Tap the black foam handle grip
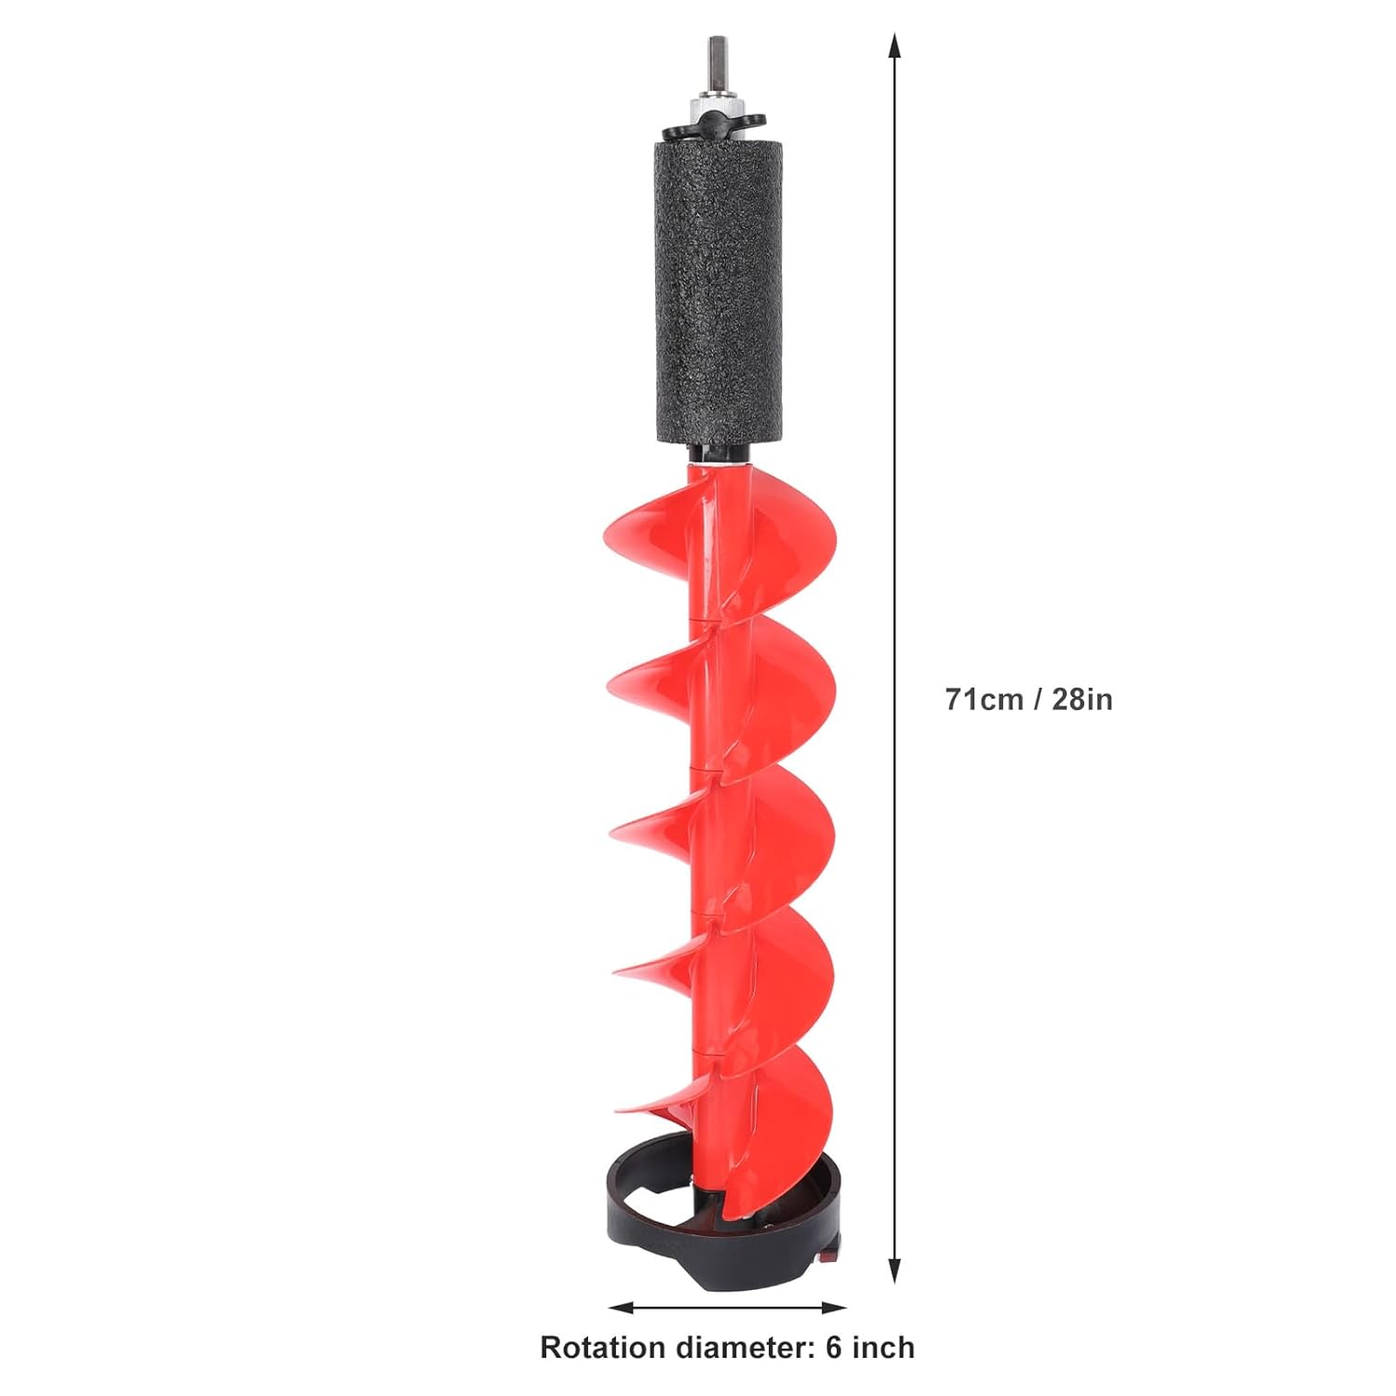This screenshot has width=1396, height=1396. [718, 289]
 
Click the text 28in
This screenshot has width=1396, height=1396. [1082, 699]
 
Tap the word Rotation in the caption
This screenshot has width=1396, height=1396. [602, 1348]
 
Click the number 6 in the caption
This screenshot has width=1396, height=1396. [834, 1348]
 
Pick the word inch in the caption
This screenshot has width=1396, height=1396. [882, 1348]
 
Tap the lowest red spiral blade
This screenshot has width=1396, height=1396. [782, 1117]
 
